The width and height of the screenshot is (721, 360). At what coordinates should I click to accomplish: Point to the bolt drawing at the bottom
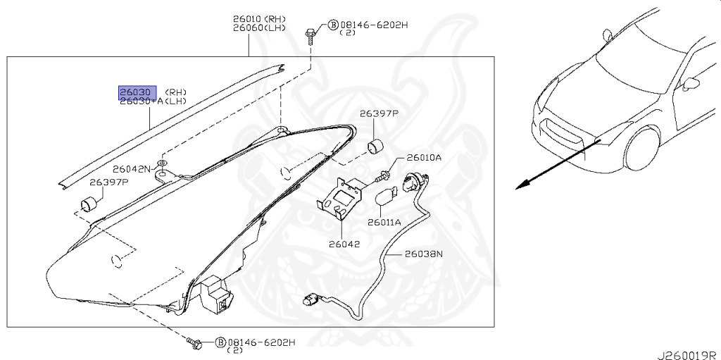[195, 343]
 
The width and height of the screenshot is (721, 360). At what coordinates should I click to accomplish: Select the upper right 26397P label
[379, 113]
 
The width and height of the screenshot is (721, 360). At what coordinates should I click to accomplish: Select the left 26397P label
[108, 182]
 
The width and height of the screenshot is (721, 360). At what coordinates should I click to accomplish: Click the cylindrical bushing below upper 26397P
[377, 147]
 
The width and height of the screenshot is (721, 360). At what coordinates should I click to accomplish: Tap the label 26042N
[132, 169]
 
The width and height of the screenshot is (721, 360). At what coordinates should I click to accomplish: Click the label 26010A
[424, 157]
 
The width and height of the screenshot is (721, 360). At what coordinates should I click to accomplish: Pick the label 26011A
[384, 222]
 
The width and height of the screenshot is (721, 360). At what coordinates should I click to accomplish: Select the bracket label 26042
[344, 245]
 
